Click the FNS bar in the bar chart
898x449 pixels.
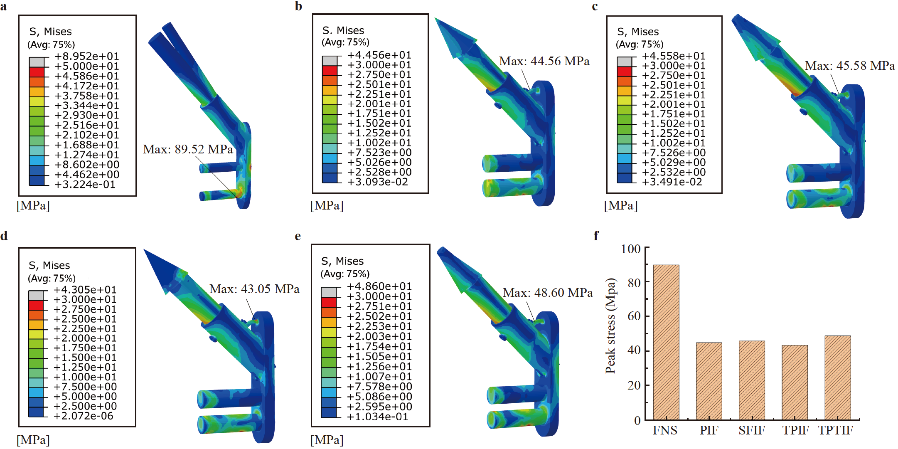point(666,342)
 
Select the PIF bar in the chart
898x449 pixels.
point(709,381)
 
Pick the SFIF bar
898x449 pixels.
point(752,380)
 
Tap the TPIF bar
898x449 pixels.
point(795,382)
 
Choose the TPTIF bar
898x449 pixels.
point(838,378)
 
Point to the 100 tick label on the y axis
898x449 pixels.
point(631,249)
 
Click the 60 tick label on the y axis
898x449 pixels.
point(634,316)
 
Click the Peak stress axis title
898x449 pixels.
point(610,326)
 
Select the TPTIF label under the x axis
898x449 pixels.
point(835,430)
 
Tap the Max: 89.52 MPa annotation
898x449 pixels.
point(188,149)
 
